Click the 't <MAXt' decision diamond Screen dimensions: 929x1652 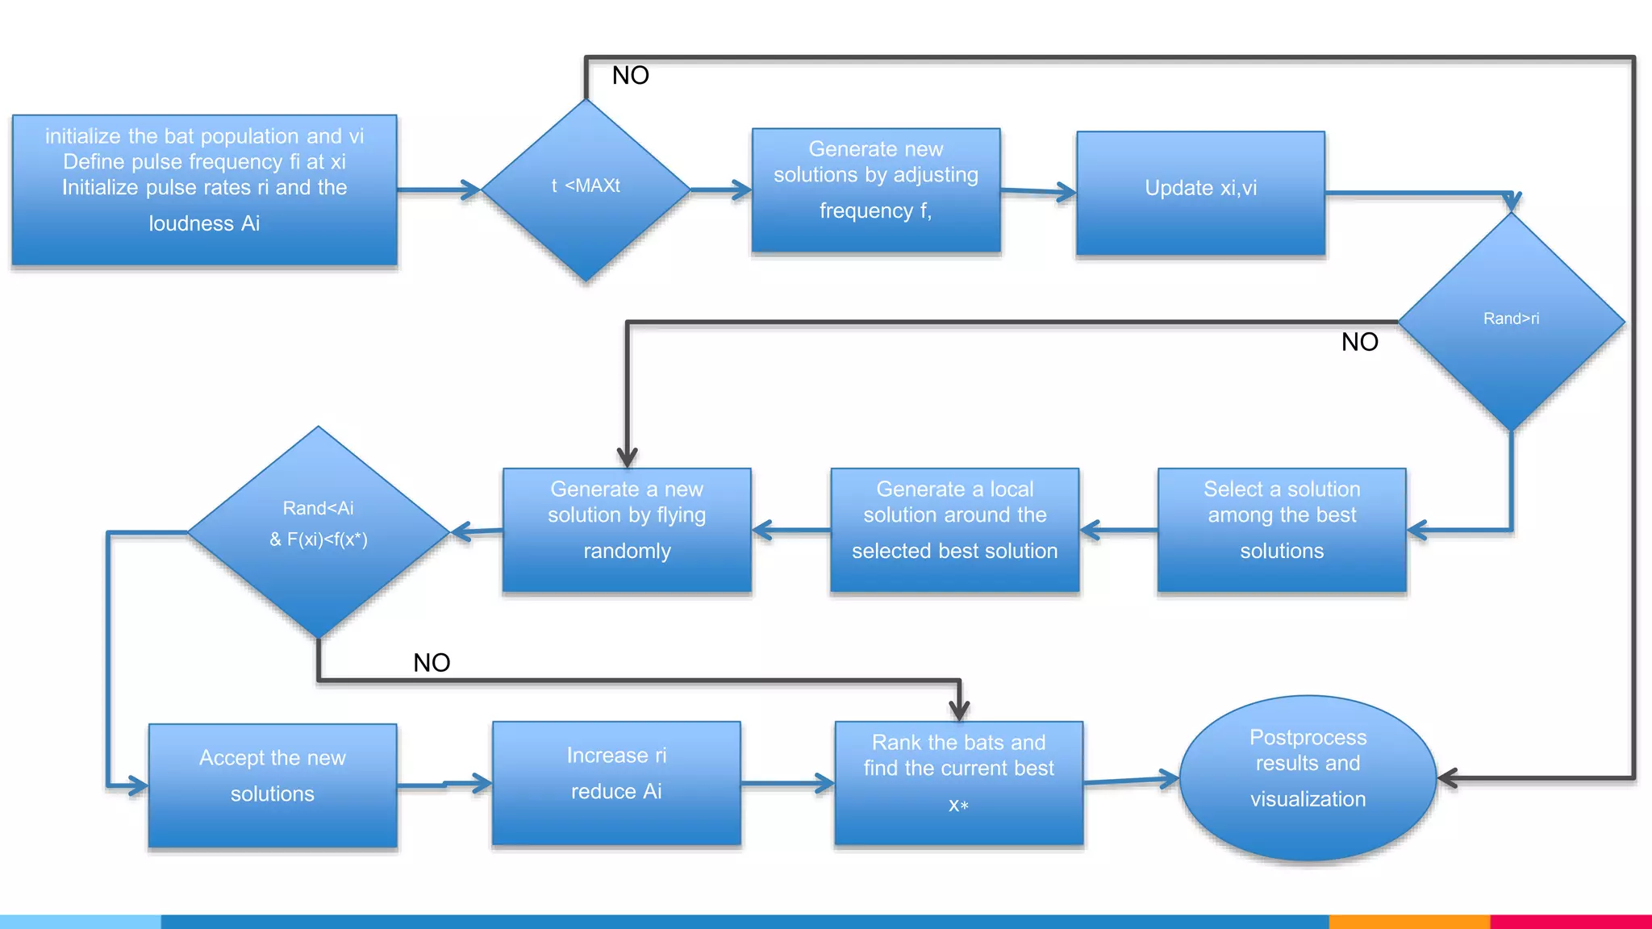(x=586, y=190)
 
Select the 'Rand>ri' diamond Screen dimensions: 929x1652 (x=1511, y=321)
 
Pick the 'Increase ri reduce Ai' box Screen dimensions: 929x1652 (x=616, y=782)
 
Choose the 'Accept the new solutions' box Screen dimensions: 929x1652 (x=273, y=785)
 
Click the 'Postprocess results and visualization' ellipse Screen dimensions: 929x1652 (x=1307, y=777)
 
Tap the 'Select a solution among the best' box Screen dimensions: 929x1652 (x=1281, y=529)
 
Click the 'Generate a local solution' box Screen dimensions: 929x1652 (x=954, y=529)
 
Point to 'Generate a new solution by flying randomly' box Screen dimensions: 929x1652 (x=627, y=529)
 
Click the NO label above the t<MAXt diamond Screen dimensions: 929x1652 (x=630, y=76)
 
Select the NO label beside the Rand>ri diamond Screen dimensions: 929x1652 (x=1359, y=342)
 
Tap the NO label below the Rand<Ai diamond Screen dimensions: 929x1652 (x=432, y=663)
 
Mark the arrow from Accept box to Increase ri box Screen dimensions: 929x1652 (x=444, y=784)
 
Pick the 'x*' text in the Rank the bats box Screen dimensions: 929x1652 (x=958, y=806)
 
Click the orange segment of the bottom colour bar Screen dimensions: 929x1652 (x=1408, y=921)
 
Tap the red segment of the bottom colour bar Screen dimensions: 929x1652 (x=1570, y=921)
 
